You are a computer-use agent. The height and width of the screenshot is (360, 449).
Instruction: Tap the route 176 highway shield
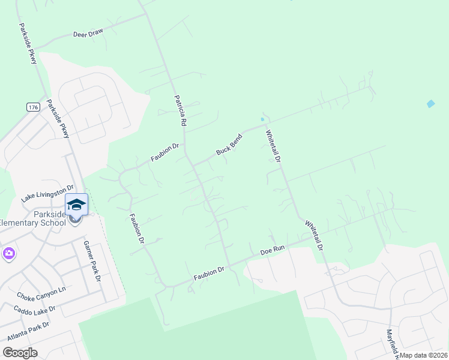[33, 107]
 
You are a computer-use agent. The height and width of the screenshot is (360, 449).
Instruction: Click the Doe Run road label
[271, 250]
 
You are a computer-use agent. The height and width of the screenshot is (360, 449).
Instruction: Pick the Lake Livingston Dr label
[47, 193]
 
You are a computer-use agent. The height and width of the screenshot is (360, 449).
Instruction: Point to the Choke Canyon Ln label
[41, 295]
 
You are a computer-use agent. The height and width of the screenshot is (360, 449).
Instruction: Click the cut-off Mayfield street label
[391, 342]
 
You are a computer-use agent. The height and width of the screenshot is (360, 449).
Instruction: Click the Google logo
[20, 353]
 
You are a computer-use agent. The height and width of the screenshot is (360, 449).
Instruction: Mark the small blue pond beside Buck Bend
[262, 119]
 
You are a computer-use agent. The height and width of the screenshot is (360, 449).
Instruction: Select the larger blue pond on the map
[430, 104]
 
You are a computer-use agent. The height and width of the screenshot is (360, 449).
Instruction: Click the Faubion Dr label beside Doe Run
[208, 274]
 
